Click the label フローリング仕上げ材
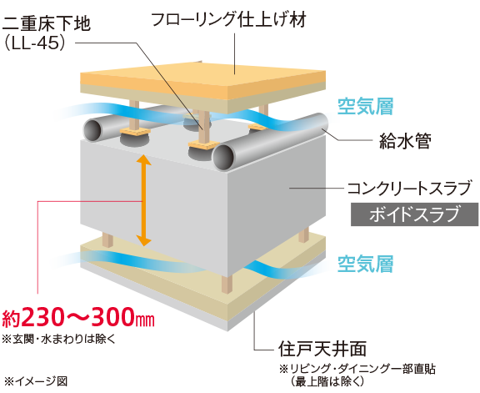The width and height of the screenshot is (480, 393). tap(228, 19)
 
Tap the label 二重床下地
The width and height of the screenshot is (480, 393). tap(47, 23)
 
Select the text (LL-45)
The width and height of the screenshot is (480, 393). tap(35, 43)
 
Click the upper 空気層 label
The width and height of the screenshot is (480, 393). tap(365, 106)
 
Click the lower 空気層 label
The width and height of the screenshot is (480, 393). tap(365, 264)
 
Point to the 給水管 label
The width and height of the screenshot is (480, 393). tap(405, 141)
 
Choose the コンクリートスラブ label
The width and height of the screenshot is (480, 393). tap(409, 188)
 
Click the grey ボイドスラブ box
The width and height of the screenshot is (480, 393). tap(414, 214)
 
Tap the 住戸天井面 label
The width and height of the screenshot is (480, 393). tap(322, 349)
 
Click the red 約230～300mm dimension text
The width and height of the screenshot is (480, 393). tap(78, 317)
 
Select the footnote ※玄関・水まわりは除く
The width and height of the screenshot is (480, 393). tap(59, 340)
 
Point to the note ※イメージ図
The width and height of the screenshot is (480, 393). tap(36, 381)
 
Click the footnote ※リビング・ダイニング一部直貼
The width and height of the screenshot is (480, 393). tap(357, 369)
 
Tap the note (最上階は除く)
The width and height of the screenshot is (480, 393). tap(327, 381)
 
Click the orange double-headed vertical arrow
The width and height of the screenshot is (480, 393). tap(143, 200)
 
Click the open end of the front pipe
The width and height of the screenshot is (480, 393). tap(223, 157)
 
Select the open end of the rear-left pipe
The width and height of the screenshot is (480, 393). tap(92, 130)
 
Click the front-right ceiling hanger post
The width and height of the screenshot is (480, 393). tap(227, 284)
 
